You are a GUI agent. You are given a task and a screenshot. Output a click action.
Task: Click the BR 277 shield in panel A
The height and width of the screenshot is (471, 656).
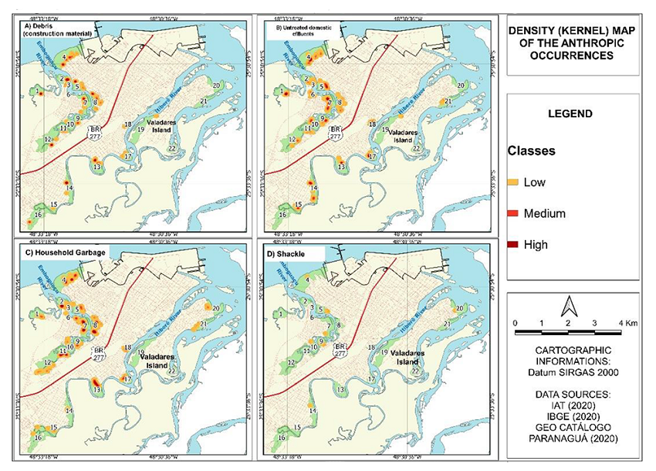coord(95,132)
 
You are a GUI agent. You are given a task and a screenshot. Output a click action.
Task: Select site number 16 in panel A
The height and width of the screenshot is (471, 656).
coord(39,214)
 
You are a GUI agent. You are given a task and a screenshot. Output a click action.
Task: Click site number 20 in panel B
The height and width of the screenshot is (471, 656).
coord(460,84)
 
